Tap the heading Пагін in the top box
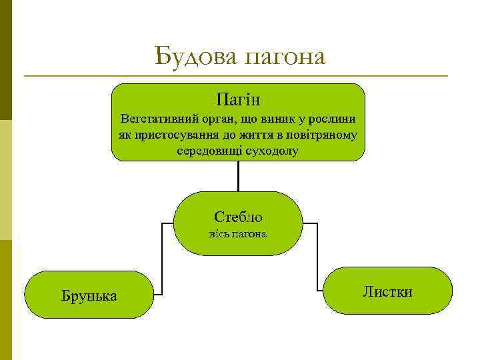(x=238, y=101)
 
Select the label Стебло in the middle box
(x=238, y=217)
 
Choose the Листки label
(x=387, y=291)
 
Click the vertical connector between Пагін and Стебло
(x=238, y=176)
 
